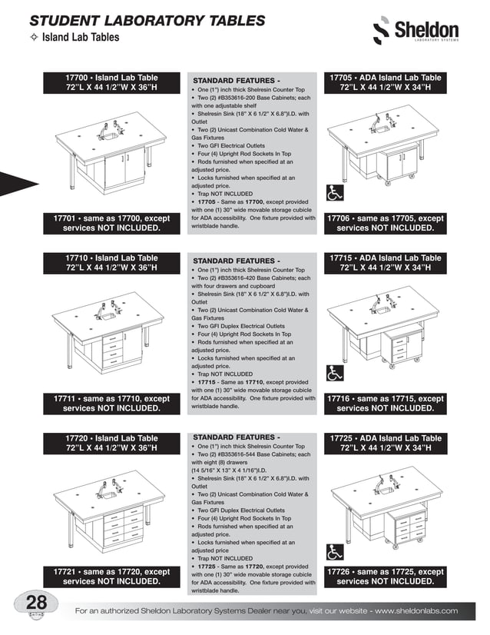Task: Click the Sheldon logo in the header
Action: (x=415, y=32)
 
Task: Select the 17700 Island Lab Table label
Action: (x=111, y=83)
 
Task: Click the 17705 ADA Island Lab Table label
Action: (x=385, y=83)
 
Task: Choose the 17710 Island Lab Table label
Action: (x=111, y=263)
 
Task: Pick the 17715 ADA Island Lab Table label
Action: (x=385, y=263)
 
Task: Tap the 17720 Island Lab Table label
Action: (x=111, y=444)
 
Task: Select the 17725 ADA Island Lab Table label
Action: (x=385, y=444)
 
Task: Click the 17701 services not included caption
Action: (x=111, y=223)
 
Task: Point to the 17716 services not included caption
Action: (x=385, y=404)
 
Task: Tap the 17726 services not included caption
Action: (x=385, y=577)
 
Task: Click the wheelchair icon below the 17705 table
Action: (x=335, y=195)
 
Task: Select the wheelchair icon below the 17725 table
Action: (x=335, y=552)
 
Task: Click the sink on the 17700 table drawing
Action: (x=109, y=135)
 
